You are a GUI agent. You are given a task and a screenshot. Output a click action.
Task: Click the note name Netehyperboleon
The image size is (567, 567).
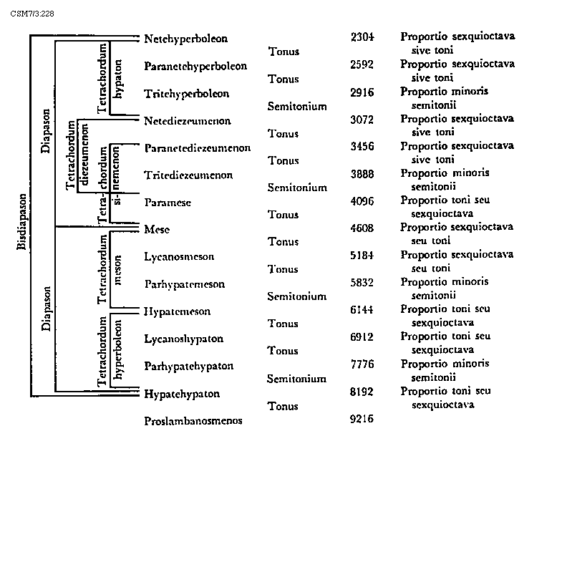(185, 39)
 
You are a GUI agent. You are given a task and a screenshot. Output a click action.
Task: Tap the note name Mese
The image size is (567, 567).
(156, 230)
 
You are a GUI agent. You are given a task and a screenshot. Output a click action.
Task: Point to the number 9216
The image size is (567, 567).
(362, 419)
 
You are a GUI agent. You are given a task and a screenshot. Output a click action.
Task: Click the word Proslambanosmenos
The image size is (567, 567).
(193, 421)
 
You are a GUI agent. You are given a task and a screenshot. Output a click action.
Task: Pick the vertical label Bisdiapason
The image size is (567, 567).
(22, 222)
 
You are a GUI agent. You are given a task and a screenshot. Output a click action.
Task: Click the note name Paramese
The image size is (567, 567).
(168, 203)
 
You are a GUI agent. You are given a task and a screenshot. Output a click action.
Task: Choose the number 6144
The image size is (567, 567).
(362, 309)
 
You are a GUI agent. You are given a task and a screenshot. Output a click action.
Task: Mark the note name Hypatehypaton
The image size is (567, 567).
(182, 394)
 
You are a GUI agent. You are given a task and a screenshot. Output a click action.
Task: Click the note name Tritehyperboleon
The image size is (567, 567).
(186, 94)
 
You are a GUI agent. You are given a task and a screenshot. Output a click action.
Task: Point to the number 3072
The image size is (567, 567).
(362, 119)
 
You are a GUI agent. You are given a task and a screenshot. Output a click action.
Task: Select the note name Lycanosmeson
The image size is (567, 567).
(179, 257)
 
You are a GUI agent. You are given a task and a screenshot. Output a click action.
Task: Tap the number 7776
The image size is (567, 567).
(362, 364)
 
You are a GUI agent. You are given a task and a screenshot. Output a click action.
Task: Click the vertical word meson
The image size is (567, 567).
(118, 270)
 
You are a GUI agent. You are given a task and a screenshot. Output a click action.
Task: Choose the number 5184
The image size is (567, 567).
(362, 255)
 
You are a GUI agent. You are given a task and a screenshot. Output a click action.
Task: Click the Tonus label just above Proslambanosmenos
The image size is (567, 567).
(283, 407)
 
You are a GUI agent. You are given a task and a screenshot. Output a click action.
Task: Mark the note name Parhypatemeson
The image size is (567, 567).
(184, 284)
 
